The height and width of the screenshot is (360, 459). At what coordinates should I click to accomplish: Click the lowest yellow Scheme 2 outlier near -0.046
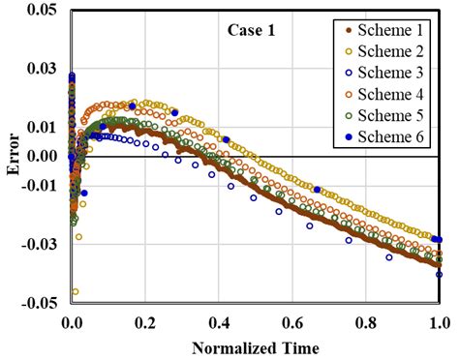click(x=75, y=291)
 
